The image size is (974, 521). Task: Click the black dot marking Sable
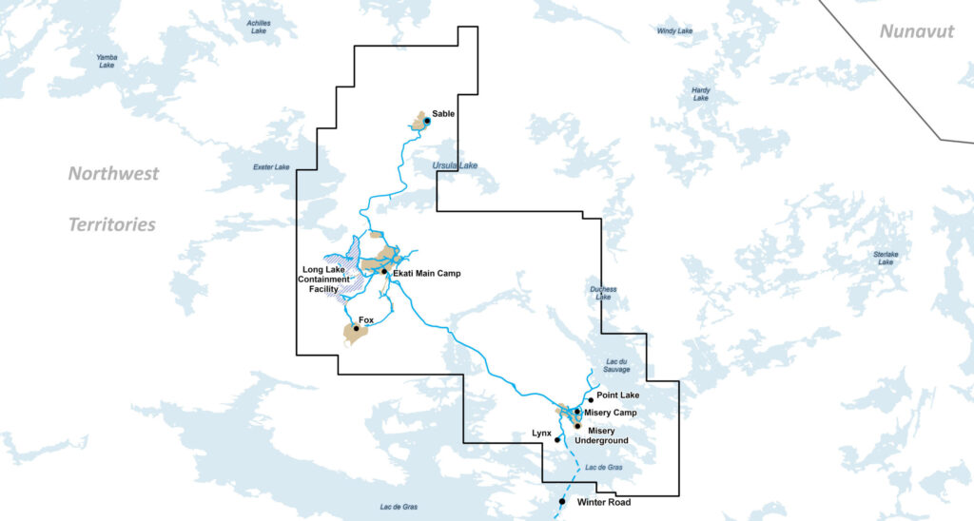point(427,121)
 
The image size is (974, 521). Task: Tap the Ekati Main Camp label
point(425,274)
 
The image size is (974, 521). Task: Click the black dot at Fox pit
point(356,329)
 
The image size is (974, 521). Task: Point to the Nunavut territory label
point(916,31)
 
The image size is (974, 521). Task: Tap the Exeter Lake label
point(270,167)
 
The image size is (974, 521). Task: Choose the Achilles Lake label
point(258,27)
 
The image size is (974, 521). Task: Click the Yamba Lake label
point(107,61)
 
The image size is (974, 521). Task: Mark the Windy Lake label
point(674,31)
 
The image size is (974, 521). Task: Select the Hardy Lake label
point(700,94)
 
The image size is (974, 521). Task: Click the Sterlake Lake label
point(886,258)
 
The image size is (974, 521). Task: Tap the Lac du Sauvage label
point(618,366)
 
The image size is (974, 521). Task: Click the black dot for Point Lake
point(590,399)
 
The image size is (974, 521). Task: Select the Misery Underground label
point(601,435)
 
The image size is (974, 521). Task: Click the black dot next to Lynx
point(557,440)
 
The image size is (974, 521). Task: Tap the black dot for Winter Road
point(562,501)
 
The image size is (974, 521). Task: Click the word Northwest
point(113,174)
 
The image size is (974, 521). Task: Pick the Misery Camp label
point(610,413)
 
